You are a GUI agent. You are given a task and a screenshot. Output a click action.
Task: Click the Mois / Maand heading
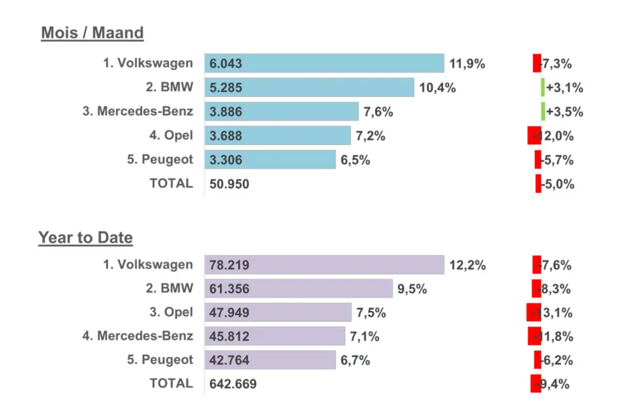92,33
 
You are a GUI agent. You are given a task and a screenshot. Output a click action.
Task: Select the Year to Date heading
86,238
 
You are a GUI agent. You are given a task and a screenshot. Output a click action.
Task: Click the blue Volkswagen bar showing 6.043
324,63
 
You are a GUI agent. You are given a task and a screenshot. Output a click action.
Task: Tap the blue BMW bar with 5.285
309,87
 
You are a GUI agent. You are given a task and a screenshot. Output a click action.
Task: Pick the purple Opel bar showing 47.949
278,312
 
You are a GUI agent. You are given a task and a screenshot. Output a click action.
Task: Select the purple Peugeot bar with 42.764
270,360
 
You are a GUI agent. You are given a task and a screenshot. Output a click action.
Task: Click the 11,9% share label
467,63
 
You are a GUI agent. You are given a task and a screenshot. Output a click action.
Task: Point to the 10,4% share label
437,87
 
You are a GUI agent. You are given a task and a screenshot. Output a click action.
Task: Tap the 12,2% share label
467,265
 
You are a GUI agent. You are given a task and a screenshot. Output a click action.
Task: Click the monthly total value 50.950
229,185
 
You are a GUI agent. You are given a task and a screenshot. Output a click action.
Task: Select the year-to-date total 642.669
233,384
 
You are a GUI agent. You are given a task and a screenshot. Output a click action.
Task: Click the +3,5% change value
565,112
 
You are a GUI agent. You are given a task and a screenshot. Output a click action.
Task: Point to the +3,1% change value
565,87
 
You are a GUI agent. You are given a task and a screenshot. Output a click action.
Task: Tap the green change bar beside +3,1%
543,87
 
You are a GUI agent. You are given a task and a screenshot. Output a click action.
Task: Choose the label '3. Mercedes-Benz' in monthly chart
137,111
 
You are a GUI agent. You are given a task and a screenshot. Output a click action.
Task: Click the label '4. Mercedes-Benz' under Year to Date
137,335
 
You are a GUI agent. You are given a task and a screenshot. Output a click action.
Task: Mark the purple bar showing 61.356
298,289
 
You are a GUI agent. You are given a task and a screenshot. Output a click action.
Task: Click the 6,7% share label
355,360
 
